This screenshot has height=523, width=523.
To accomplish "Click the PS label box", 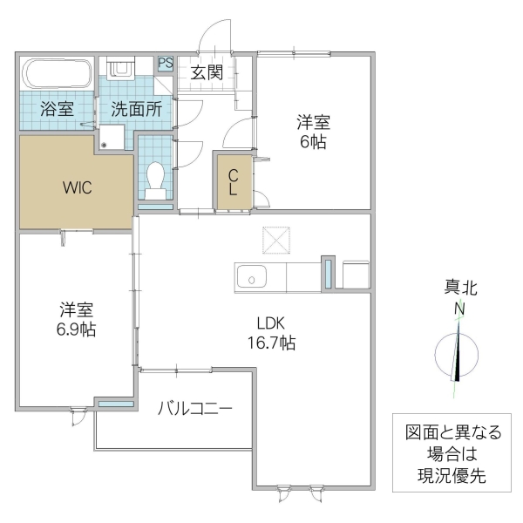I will pyautogui.click(x=166, y=63).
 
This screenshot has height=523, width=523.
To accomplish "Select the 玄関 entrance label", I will pyautogui.click(x=207, y=72).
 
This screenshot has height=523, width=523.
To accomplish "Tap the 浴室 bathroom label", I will pyautogui.click(x=57, y=110).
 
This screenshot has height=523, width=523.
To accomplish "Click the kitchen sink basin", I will pyautogui.click(x=251, y=279).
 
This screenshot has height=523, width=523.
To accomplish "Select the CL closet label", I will pyautogui.click(x=234, y=181).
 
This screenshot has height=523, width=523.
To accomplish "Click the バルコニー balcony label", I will pyautogui.click(x=195, y=407).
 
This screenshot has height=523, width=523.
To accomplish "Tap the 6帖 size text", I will pyautogui.click(x=314, y=142).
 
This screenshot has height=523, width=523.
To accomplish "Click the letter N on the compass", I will pyautogui.click(x=458, y=309).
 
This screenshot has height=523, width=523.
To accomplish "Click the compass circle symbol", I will pyautogui.click(x=457, y=356).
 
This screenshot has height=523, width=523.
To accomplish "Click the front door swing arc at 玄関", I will pyautogui.click(x=214, y=37).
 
